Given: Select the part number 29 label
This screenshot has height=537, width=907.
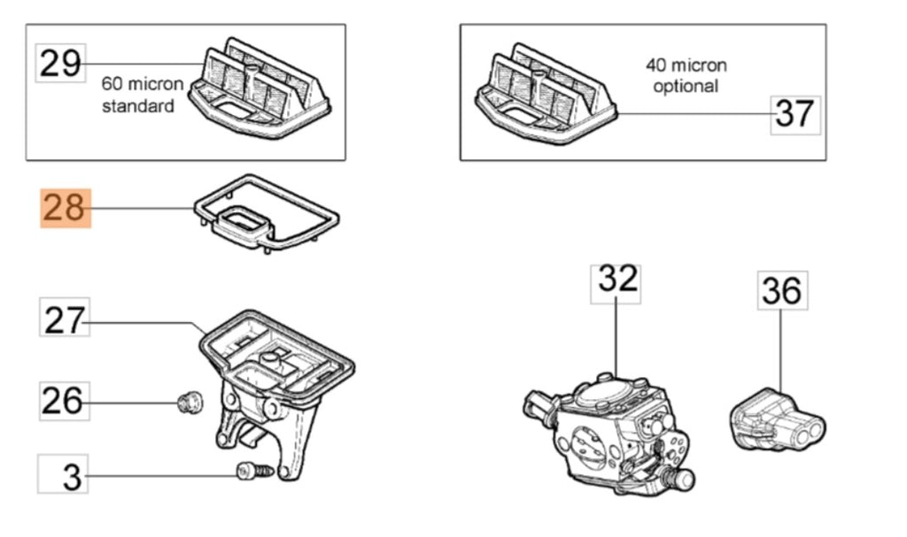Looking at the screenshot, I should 60,64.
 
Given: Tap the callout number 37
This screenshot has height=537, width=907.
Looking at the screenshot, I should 794,113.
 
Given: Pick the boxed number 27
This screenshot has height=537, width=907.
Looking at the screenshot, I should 64,319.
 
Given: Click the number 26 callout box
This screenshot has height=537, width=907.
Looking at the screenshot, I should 64,402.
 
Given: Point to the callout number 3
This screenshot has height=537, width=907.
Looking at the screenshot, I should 64,477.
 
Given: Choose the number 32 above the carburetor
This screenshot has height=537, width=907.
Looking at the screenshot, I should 616,280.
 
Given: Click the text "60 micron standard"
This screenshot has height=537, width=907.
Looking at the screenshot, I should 142,95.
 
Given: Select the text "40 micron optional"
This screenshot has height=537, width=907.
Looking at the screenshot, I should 686,75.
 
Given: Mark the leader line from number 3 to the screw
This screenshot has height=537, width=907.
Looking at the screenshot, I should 159,476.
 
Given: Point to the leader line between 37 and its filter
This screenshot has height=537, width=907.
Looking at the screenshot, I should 691,114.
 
